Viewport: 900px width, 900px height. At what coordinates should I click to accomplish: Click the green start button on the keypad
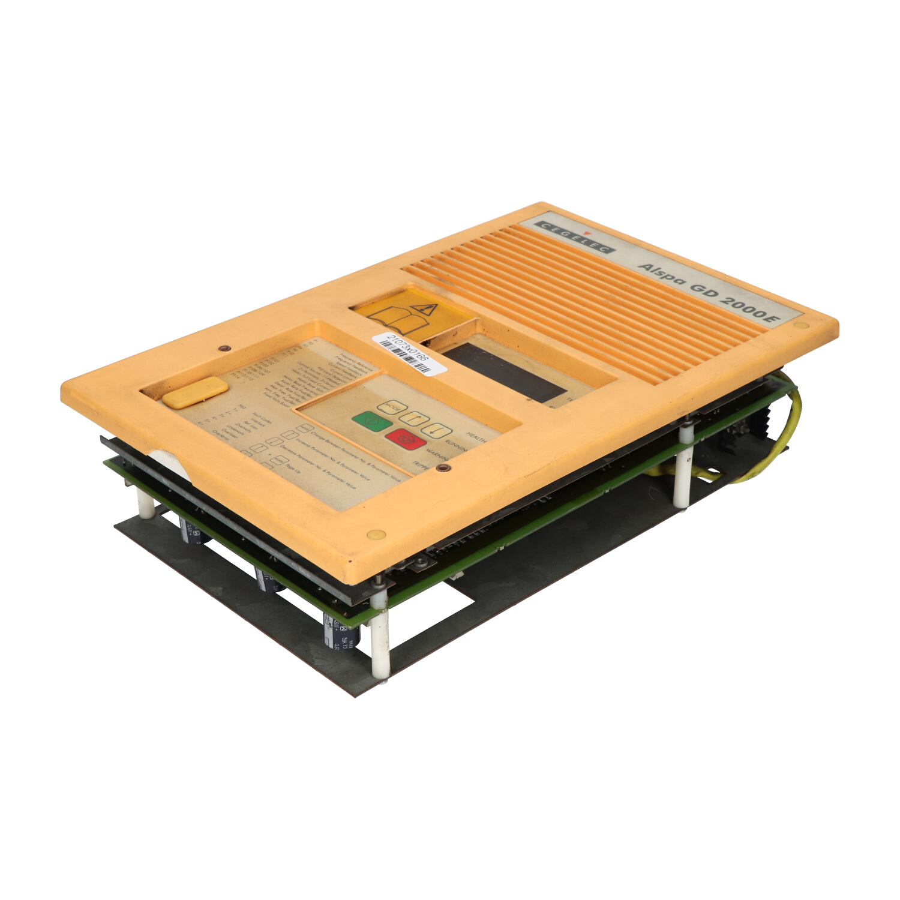pos(372,421)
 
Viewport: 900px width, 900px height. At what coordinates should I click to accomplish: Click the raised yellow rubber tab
pos(195,393)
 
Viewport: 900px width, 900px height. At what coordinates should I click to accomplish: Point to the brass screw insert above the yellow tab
pos(224,349)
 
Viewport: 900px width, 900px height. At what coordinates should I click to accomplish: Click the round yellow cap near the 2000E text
pos(801,325)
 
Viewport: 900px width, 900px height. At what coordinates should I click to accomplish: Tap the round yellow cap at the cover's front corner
pos(376,534)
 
